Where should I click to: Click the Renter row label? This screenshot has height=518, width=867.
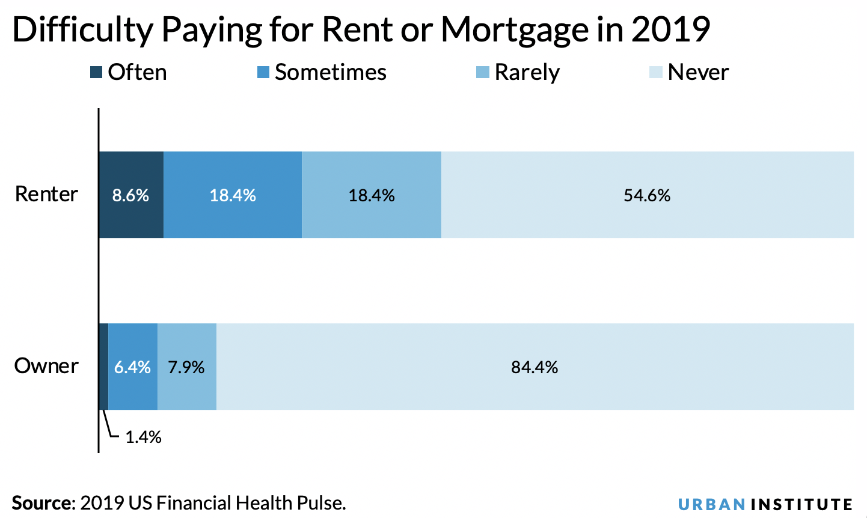point(46,194)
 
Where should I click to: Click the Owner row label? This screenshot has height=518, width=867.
point(46,366)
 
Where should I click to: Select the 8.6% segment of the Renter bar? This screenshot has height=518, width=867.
point(131,195)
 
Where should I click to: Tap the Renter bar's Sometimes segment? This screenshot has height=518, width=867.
point(233,195)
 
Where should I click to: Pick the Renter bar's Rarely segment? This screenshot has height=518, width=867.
point(372,195)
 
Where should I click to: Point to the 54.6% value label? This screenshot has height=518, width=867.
point(647,195)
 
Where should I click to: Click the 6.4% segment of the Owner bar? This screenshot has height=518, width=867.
point(133,367)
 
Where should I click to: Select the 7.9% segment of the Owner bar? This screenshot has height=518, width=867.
point(186,367)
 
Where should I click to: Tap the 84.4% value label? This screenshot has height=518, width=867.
point(535,367)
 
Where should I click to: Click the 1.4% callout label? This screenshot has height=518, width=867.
point(143,437)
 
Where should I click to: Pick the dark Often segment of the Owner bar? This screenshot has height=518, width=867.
point(103,367)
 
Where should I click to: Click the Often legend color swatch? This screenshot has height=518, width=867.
point(96,73)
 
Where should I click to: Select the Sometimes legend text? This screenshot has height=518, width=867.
point(330,73)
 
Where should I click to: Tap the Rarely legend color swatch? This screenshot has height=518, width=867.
point(482,73)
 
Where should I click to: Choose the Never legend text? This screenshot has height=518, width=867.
point(698,73)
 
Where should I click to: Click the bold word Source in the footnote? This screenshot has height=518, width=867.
point(41,502)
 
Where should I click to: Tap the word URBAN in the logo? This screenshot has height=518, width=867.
point(711,504)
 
